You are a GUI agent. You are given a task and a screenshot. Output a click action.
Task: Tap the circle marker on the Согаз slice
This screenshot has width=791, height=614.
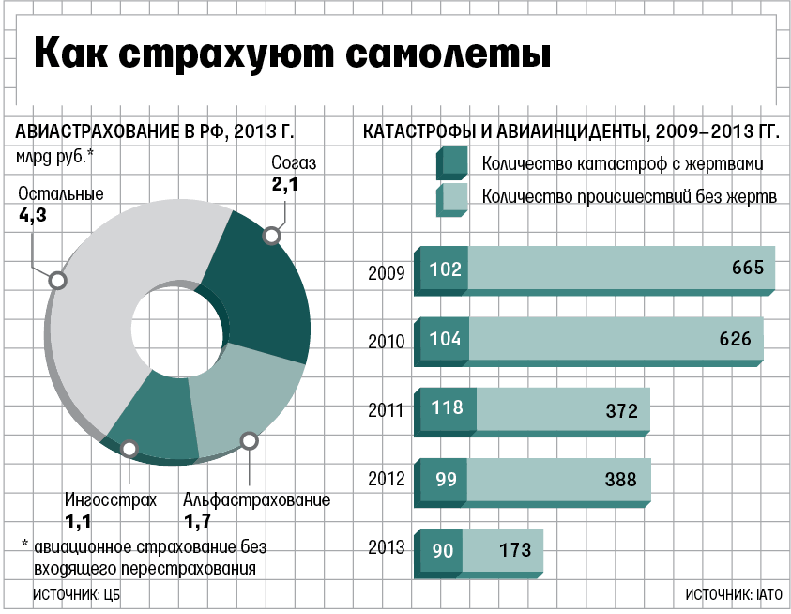273,236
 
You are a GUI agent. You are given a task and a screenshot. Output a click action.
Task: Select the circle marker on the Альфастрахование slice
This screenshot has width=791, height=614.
249,440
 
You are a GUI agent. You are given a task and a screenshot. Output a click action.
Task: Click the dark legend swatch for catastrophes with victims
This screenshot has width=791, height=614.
452,163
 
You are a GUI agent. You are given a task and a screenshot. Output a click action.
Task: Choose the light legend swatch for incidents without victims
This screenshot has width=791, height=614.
452,197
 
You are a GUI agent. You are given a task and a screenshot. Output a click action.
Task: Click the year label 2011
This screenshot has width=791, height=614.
386,410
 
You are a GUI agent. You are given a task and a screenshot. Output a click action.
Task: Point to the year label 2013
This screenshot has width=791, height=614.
386,547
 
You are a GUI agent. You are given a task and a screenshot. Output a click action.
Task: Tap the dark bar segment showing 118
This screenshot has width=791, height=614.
446,409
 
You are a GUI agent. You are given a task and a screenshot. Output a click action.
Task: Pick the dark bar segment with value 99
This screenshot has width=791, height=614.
443,479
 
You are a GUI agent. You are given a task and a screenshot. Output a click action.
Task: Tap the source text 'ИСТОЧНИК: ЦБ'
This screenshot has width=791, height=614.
77,594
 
